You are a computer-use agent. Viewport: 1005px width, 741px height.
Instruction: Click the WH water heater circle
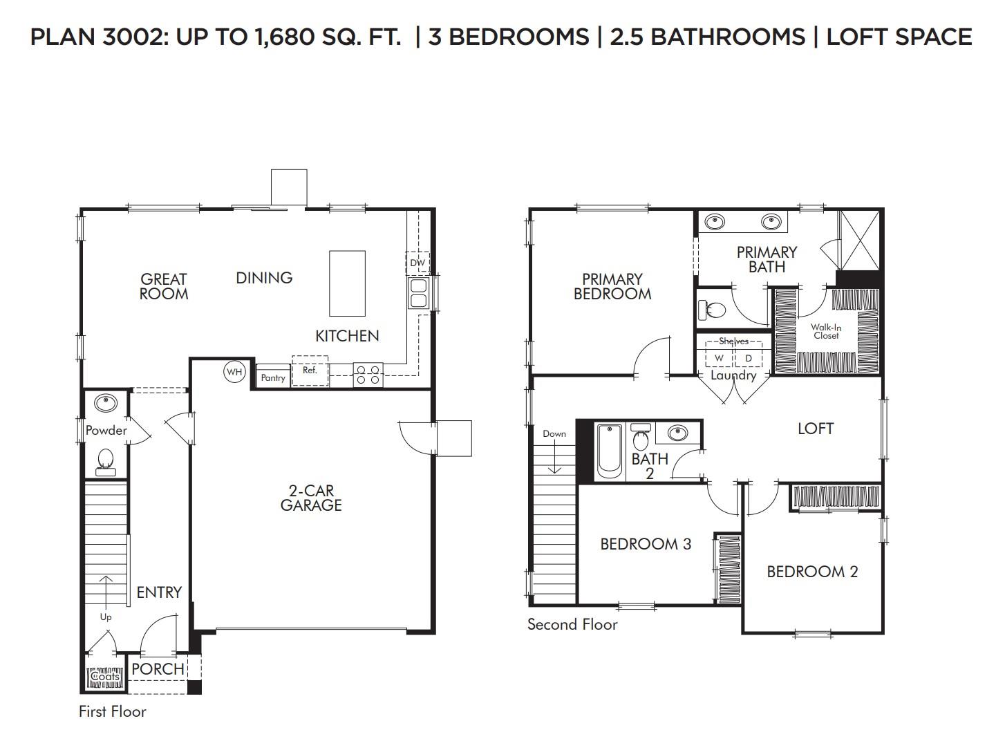[234, 372]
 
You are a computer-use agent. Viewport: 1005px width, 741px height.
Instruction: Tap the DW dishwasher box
[417, 263]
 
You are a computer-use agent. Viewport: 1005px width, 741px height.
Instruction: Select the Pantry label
[273, 378]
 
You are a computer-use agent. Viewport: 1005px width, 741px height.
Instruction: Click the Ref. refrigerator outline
[310, 370]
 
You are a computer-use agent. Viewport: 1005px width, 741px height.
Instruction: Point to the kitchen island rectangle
[347, 283]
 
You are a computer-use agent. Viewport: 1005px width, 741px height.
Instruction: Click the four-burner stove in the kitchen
[368, 375]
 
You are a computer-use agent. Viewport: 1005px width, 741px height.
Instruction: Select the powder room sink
[106, 402]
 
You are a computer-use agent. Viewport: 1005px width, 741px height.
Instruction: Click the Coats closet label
[105, 676]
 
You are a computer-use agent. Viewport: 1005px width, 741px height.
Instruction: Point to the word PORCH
[158, 669]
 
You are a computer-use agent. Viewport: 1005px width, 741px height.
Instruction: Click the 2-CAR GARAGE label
[311, 498]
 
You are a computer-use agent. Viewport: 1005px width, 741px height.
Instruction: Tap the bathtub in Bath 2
[609, 452]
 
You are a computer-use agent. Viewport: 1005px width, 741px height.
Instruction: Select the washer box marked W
[719, 357]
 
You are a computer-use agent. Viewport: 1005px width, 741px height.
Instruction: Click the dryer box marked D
[749, 357]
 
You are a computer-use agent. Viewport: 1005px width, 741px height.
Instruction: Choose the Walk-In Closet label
[826, 332]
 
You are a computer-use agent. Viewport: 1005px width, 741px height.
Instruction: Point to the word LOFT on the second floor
[816, 429]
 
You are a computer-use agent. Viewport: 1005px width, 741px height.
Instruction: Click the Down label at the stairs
[554, 433]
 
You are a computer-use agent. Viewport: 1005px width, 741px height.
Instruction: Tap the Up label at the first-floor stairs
[106, 617]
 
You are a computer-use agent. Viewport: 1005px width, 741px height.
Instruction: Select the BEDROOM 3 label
[646, 544]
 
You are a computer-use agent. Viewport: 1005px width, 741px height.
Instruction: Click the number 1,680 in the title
[285, 37]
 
